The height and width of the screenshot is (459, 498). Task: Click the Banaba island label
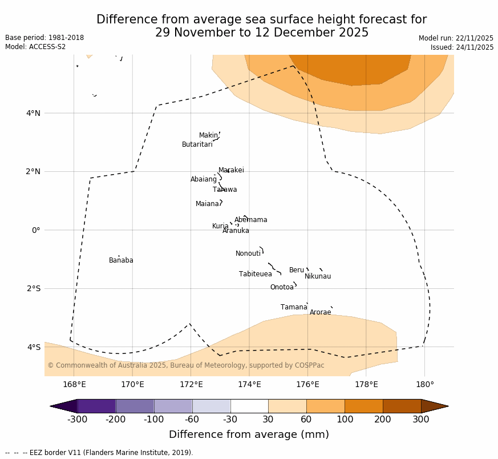(121, 260)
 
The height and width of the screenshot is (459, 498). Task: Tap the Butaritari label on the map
(197, 144)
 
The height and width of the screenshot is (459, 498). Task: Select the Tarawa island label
(225, 190)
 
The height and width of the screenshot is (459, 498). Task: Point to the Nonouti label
(248, 253)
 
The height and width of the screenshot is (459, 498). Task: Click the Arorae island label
(320, 312)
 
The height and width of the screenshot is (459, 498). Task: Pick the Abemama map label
(250, 220)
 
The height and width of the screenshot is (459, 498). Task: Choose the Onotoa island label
(282, 287)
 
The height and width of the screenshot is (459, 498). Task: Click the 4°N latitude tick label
(33, 113)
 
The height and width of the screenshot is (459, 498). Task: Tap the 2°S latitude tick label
(33, 288)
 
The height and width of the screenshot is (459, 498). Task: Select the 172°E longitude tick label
(191, 384)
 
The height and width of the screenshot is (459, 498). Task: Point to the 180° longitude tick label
(424, 384)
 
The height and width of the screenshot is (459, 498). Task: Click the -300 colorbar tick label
(77, 420)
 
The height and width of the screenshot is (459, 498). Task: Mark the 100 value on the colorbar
(345, 420)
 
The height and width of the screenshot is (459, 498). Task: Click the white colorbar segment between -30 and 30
(249, 406)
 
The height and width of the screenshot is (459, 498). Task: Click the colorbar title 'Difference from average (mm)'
(249, 434)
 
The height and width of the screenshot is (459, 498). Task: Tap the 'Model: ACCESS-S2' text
(35, 47)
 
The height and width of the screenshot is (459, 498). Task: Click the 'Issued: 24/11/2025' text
(461, 47)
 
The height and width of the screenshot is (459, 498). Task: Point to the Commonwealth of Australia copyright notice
(185, 365)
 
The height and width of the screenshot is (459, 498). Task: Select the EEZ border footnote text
(99, 453)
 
